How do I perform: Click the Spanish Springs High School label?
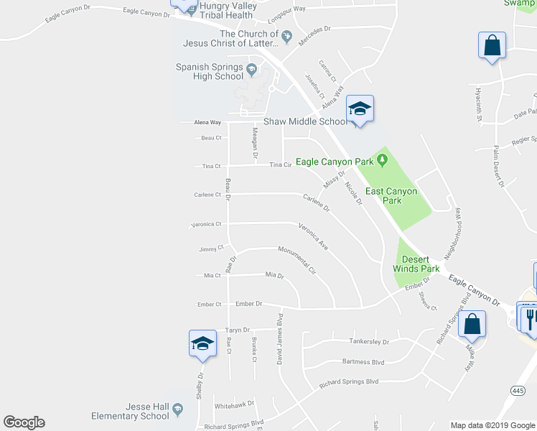209,72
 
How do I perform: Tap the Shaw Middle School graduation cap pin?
360,109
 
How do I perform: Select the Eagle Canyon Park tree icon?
382,159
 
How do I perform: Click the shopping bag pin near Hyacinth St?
492,46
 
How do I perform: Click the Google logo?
24,422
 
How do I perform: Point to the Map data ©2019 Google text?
492,425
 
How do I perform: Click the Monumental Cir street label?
297,259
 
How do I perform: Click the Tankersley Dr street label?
368,342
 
